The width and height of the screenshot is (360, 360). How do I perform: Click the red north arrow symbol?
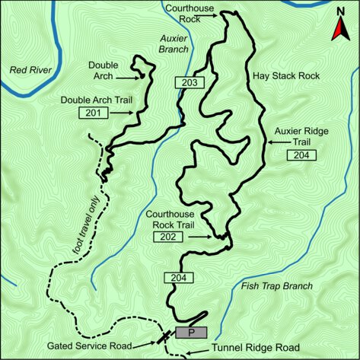click(339, 31)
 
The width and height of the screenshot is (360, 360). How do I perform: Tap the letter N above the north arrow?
click(339, 11)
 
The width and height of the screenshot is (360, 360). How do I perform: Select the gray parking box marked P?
click(191, 333)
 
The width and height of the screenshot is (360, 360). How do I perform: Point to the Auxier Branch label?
click(174, 43)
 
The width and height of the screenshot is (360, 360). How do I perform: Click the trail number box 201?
click(92, 113)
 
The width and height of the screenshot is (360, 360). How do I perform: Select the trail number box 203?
click(190, 82)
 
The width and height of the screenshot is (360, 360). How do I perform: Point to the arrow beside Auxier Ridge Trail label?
click(276, 142)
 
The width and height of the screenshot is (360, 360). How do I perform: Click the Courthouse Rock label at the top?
click(190, 13)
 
